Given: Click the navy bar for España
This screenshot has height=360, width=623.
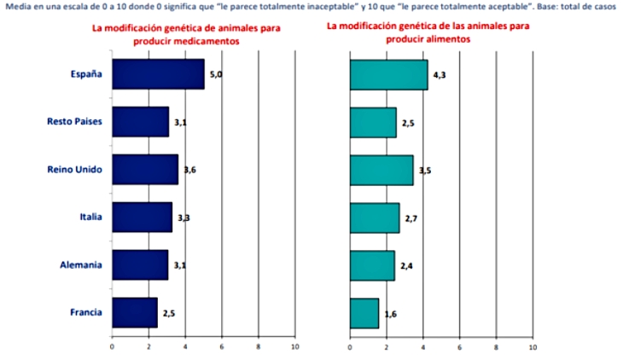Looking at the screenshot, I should [x=158, y=74].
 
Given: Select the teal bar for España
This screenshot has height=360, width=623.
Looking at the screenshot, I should [x=388, y=74].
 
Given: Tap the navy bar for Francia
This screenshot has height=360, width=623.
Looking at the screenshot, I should [x=135, y=312].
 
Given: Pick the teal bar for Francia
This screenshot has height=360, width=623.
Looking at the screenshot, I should [x=364, y=313].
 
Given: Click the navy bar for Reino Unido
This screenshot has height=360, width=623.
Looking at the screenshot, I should [x=145, y=170].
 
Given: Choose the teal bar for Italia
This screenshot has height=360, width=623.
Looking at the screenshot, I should [x=375, y=218].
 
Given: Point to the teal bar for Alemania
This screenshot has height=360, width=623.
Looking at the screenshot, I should [x=372, y=265].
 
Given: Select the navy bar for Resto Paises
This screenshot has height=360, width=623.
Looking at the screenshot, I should [x=140, y=122].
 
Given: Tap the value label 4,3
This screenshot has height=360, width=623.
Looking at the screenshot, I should [x=440, y=76].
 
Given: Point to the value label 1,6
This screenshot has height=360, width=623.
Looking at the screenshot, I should [x=390, y=314].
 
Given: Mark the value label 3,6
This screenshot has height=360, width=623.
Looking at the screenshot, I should [x=190, y=171].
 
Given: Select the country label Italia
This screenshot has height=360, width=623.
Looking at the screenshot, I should [x=90, y=217].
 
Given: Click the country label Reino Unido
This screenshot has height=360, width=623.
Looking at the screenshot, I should [x=75, y=169].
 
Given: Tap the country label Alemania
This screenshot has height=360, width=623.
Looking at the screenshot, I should [x=83, y=264].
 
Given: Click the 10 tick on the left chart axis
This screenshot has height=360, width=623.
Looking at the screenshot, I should [x=294, y=347].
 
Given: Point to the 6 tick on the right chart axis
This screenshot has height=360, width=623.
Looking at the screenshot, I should [x=460, y=347].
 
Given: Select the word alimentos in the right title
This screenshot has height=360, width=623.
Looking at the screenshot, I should [x=448, y=39].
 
